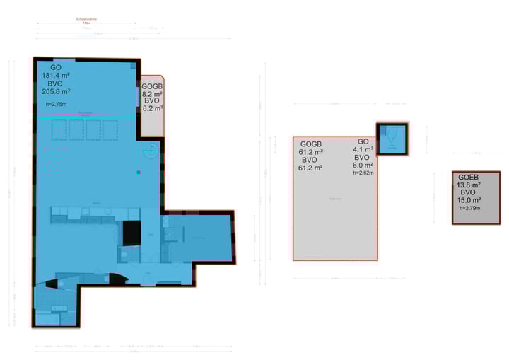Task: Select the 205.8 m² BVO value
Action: [56, 91]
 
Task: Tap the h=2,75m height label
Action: [56, 105]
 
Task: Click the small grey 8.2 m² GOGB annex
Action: [151, 106]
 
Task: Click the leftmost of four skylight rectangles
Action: [59, 129]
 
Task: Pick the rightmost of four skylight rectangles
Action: [110, 129]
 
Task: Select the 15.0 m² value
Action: [468, 200]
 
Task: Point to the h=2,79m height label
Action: [469, 208]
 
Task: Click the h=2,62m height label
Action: [363, 172]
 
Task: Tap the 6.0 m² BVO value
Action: [362, 165]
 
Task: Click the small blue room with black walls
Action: [391, 138]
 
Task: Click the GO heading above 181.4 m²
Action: [56, 67]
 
